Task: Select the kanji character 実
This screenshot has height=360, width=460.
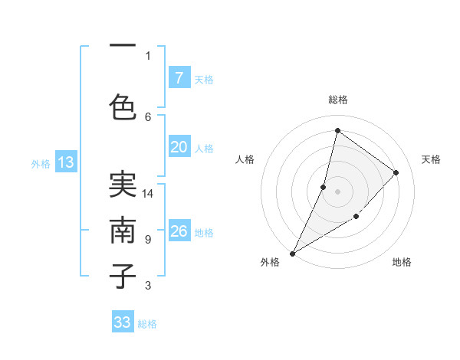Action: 123,184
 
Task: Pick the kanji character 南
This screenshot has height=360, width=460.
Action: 123,231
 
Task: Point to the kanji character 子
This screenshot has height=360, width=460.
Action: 123,276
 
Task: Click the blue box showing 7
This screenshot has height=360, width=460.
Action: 179,78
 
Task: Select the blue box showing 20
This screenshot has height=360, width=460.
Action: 179,148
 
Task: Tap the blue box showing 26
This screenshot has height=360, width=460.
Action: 179,232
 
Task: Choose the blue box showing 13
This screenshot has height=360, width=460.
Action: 65,162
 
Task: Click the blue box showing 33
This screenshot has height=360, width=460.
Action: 123,322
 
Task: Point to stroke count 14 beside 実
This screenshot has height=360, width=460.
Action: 148,194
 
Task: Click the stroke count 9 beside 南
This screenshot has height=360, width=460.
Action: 147,240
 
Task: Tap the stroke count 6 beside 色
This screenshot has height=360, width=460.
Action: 148,116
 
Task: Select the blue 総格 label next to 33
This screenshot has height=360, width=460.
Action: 147,324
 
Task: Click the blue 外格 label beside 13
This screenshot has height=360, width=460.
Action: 41,163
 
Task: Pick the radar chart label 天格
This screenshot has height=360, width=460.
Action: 431,159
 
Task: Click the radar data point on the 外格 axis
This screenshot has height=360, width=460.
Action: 292,253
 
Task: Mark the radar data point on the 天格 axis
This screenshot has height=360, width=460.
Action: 396,172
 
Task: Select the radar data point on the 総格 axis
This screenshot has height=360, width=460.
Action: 337,130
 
